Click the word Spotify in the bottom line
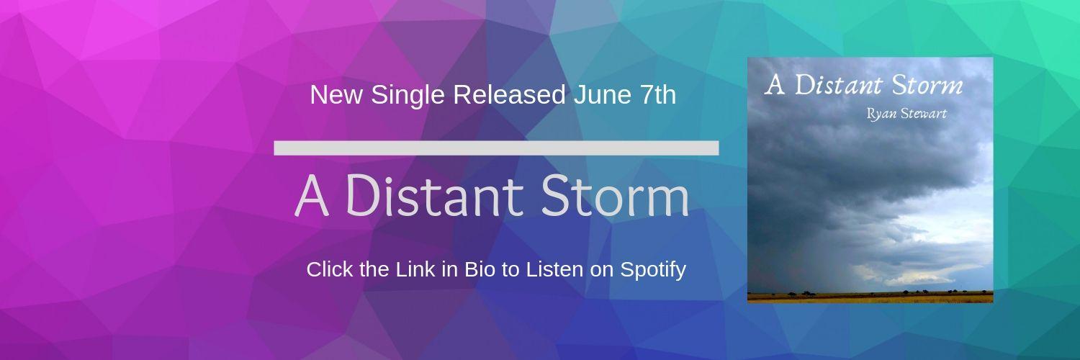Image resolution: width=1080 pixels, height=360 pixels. pyautogui.click(x=652, y=270)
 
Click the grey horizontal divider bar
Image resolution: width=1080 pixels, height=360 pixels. pyautogui.click(x=496, y=148)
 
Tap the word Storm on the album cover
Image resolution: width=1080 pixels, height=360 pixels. pyautogui.click(x=927, y=85)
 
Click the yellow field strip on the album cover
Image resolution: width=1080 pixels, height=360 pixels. pyautogui.click(x=870, y=296)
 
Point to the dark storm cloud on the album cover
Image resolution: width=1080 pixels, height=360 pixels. pyautogui.click(x=828, y=180)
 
